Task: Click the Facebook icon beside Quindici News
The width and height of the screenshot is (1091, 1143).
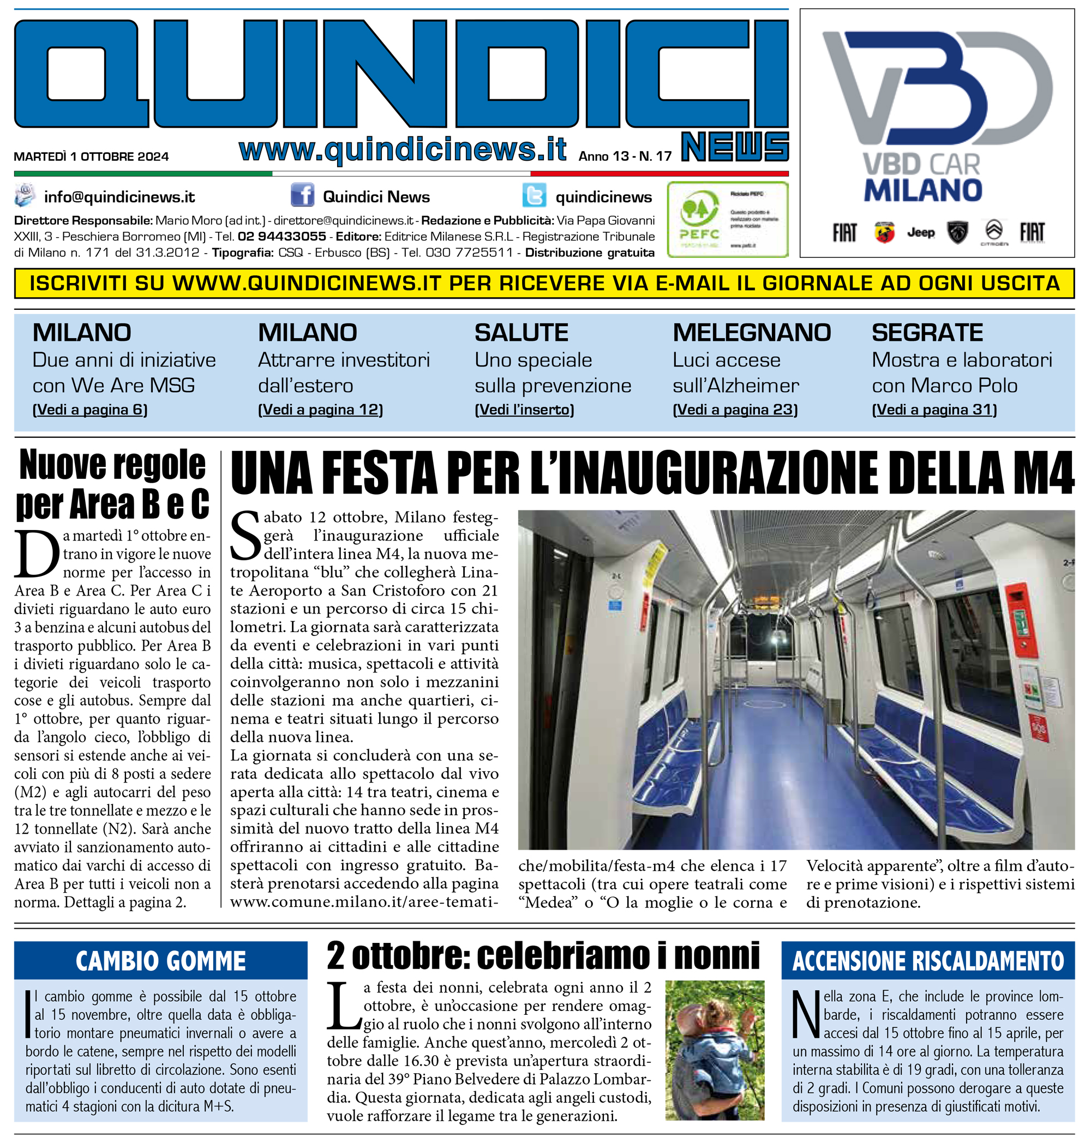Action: tap(302, 195)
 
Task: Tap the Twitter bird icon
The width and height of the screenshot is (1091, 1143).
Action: tap(533, 196)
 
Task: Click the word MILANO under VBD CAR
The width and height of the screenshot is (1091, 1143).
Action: tap(923, 191)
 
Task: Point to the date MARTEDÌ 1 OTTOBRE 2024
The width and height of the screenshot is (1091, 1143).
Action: tap(91, 157)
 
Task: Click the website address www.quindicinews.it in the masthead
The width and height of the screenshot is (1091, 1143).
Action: tap(403, 149)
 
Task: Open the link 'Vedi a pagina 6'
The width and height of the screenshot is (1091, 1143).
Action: tap(90, 410)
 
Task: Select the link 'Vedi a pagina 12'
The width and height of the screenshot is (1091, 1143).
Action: tap(320, 410)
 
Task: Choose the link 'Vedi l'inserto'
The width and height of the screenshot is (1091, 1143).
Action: tap(524, 410)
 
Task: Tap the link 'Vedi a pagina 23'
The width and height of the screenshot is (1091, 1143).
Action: tap(735, 410)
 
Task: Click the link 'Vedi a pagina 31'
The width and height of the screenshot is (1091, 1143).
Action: tap(934, 410)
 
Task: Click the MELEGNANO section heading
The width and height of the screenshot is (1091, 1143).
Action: tap(751, 333)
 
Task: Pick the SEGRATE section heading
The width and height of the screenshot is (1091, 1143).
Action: tap(927, 333)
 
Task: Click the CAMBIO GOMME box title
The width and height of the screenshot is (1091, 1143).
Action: tap(160, 961)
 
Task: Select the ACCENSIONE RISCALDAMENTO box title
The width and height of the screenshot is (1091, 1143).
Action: tap(927, 961)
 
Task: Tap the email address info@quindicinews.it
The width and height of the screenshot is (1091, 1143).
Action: tap(119, 197)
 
